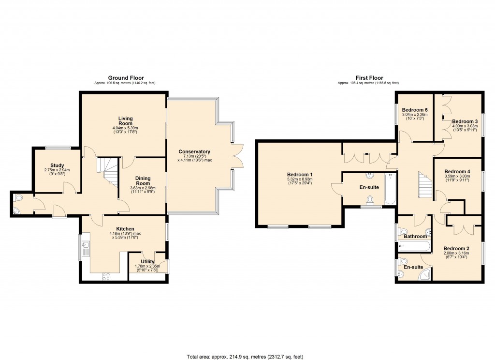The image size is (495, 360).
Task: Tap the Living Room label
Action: pyautogui.click(x=126, y=121)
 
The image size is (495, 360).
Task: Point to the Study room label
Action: pyautogui.click(x=57, y=165)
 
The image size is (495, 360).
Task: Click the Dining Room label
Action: pyautogui.click(x=143, y=181)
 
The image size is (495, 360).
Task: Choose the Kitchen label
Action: pyautogui.click(x=125, y=229)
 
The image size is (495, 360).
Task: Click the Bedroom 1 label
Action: pyautogui.click(x=300, y=175)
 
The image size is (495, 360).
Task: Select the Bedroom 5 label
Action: pyautogui.click(x=415, y=110)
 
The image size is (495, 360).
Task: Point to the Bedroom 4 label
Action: pyautogui.click(x=457, y=172)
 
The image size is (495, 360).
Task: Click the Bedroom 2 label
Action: pyautogui.click(x=457, y=248)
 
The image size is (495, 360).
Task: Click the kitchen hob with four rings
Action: pyautogui.click(x=105, y=276)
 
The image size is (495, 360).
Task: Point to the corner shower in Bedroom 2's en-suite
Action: pyautogui.click(x=425, y=275)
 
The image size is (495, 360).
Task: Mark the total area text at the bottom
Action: pyautogui.click(x=245, y=357)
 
